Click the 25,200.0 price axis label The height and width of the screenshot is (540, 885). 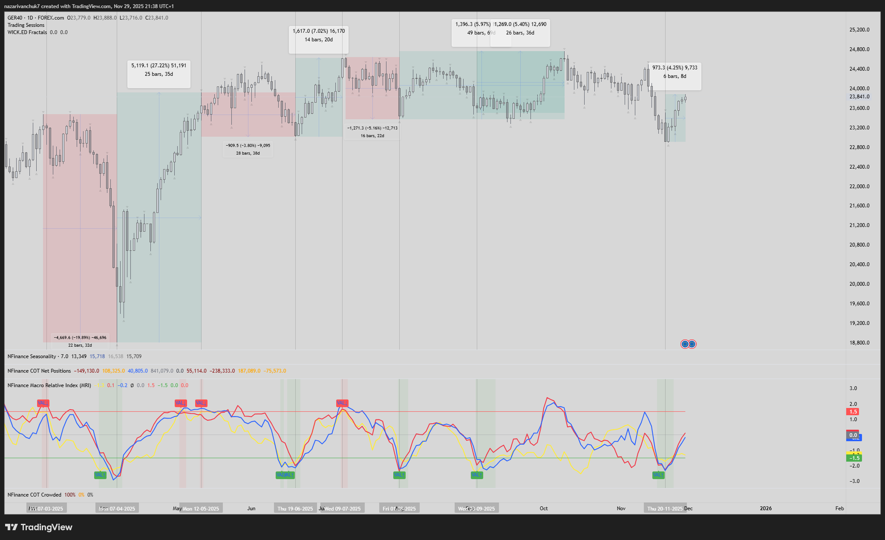pos(859,30)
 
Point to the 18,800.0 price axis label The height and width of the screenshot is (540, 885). pos(859,342)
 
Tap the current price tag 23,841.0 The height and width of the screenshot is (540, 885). pos(859,97)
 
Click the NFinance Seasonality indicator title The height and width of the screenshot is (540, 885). pos(32,356)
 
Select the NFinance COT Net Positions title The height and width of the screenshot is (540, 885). pos(39,371)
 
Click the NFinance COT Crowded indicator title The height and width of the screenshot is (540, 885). pos(35,495)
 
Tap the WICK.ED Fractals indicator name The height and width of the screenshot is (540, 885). pos(27,32)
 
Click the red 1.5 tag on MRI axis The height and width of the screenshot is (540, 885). pos(853,412)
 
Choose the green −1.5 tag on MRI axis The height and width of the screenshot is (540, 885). pos(854,458)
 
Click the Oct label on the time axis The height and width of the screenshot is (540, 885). pos(544,508)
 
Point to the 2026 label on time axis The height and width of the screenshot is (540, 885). pos(766,508)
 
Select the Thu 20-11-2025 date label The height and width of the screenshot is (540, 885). pos(665,508)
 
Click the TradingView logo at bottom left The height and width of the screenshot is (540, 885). pos(39,527)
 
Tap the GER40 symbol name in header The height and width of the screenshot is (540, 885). pos(15,18)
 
